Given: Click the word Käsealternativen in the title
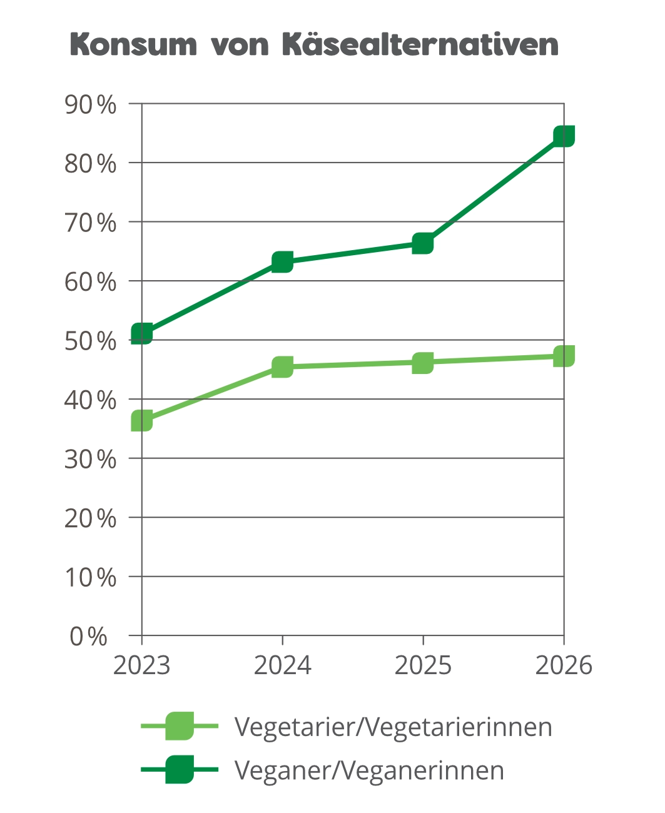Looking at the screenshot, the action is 420,44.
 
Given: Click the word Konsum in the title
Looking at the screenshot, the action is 133,44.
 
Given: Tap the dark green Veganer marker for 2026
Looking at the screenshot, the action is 564,136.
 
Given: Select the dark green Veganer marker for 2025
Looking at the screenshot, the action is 423,244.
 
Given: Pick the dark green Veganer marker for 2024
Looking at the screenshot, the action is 282,262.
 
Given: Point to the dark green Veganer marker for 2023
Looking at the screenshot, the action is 142,333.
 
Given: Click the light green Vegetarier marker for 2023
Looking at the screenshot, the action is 142,420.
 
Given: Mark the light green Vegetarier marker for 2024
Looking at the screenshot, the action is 282,366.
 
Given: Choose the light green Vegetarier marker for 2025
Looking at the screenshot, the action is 423,363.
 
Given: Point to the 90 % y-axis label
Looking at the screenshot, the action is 90,104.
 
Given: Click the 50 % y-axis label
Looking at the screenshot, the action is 90,341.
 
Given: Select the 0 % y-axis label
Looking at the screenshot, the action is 88,636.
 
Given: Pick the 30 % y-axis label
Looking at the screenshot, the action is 90,459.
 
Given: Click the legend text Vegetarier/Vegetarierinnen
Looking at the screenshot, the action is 393,728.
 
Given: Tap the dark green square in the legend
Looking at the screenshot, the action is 180,769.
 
